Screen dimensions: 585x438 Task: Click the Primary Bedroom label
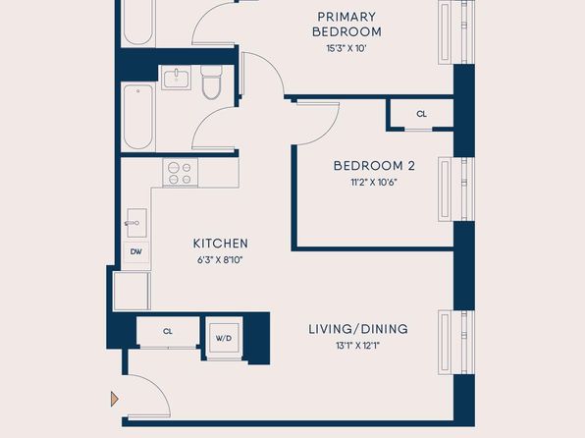346,25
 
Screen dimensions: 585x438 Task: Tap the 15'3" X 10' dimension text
346,48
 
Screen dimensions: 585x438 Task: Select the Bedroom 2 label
374,166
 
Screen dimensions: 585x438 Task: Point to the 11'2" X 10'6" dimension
374,183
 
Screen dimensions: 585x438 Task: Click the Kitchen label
221,244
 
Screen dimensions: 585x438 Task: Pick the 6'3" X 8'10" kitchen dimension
220,260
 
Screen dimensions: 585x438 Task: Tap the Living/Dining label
358,329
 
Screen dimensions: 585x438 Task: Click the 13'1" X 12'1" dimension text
357,346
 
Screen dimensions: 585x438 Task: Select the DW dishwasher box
136,252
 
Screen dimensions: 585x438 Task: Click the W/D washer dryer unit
224,338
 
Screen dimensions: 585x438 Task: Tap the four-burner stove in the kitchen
181,173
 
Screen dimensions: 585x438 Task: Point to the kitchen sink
136,223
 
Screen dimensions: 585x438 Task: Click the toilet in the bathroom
212,82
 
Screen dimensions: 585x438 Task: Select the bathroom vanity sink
176,78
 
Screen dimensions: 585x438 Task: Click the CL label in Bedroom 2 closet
422,114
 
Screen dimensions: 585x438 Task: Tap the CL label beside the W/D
168,331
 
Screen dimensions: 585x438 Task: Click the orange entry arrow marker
115,399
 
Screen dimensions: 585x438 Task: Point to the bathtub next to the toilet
138,117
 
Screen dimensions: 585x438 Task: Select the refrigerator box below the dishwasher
132,292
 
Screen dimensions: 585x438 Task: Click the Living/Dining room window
456,342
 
